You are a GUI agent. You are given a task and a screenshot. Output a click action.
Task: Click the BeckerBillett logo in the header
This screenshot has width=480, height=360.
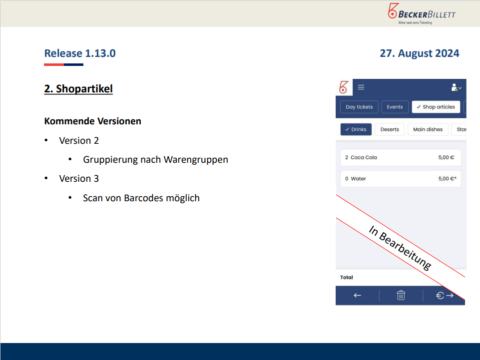coord(422,14)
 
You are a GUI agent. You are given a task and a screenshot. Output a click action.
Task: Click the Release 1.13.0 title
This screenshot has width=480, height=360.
coord(80,53)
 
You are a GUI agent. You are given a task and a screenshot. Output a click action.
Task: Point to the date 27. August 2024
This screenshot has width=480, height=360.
coord(420,53)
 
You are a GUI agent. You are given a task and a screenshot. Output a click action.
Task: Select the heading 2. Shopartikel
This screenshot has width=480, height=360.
coord(78,89)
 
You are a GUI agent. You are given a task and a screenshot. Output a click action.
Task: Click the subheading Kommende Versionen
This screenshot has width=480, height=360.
coord(93,121)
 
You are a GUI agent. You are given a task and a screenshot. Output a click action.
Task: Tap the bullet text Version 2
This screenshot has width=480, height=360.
coord(79,140)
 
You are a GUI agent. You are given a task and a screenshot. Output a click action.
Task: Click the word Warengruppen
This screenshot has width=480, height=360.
coord(196,160)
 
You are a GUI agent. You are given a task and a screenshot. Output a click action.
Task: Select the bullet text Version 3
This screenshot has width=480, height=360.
coord(79,178)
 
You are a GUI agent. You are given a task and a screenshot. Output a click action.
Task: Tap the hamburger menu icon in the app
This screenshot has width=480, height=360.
coord(361,87)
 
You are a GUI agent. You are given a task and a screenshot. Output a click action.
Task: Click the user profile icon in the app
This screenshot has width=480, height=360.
coord(456,87)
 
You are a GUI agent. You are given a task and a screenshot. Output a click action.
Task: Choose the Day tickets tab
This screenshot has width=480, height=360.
coord(359,107)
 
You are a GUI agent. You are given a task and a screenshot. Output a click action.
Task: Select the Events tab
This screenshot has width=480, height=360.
coord(395,107)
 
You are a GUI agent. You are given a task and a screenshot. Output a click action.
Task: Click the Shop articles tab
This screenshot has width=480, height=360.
coord(436,107)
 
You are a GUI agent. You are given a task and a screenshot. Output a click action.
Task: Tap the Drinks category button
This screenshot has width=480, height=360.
coord(356,129)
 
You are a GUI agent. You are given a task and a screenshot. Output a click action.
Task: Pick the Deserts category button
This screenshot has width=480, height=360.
coord(390,129)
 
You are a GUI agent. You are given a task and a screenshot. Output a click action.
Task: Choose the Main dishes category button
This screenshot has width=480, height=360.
coord(428,129)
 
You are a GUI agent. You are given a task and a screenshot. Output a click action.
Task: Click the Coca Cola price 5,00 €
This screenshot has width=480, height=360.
coord(446,157)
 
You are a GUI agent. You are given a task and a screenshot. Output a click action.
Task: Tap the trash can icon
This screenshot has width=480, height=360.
coord(401,296)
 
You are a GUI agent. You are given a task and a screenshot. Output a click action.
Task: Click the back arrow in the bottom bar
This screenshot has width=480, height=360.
coord(357,296)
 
